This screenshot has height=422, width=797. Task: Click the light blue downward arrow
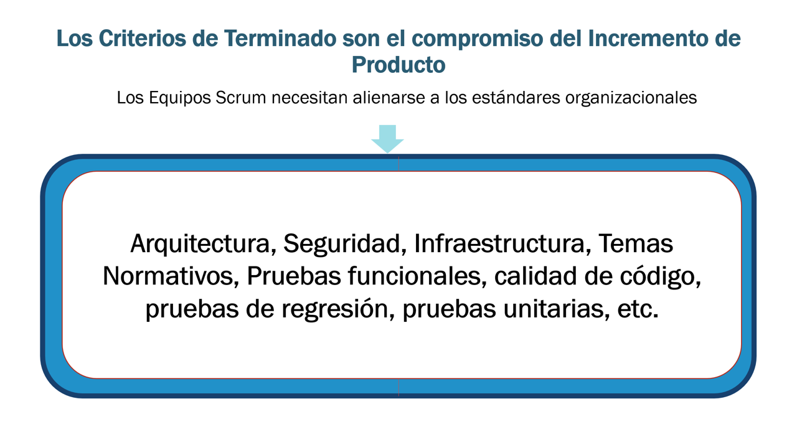click(x=387, y=139)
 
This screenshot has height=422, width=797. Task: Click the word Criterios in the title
click(x=142, y=39)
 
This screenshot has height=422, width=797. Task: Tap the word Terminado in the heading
click(x=280, y=39)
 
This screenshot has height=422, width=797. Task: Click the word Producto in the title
click(x=398, y=65)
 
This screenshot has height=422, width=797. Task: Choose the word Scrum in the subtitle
click(x=240, y=98)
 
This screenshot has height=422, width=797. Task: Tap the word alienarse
click(x=389, y=98)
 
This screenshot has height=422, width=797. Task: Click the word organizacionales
click(x=631, y=98)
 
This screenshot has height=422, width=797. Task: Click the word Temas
click(x=636, y=244)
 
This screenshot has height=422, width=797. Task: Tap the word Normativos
click(x=171, y=276)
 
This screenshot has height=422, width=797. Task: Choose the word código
click(x=661, y=277)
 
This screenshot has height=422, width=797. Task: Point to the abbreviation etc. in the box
click(x=638, y=309)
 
